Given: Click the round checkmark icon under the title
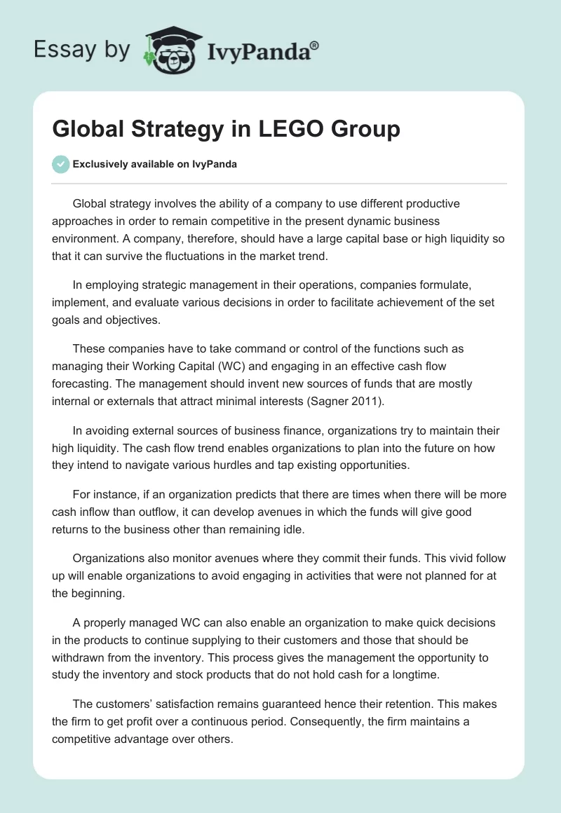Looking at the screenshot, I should tap(60, 164).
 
